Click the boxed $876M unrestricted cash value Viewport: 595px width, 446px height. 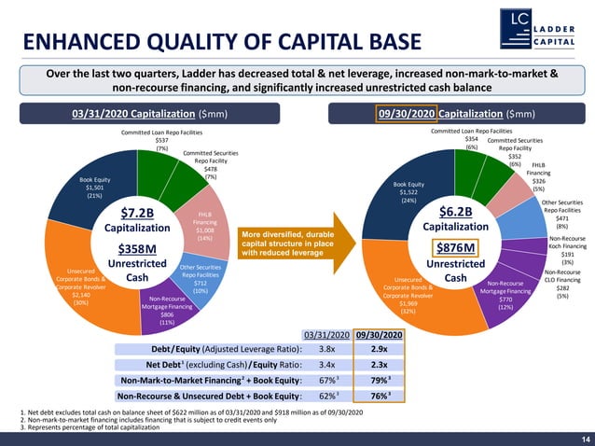tap(455, 247)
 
